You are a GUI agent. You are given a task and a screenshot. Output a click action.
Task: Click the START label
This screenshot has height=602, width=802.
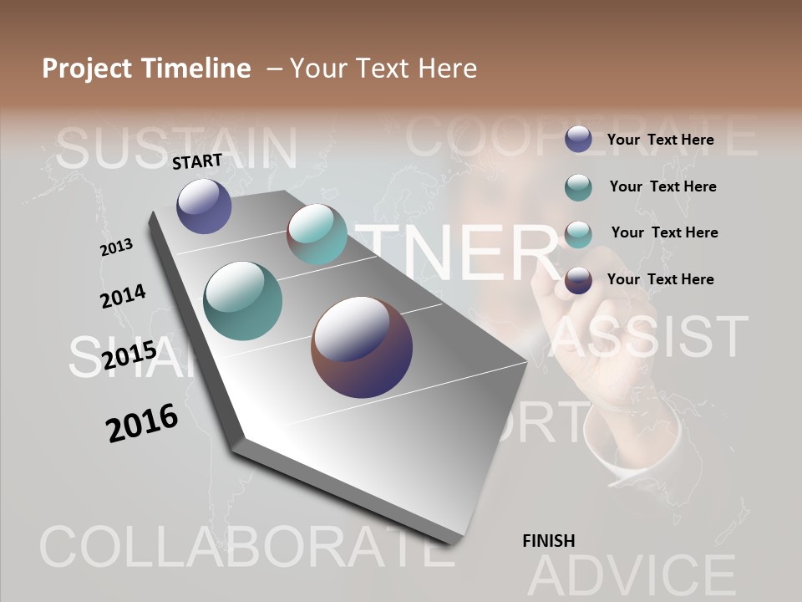[x=197, y=161]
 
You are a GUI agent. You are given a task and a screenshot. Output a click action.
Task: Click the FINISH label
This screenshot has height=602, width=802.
[x=548, y=541]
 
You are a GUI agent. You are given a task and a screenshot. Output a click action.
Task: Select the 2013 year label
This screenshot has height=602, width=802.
[x=117, y=247]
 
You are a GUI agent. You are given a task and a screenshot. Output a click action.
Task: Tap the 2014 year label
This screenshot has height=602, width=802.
[x=123, y=296]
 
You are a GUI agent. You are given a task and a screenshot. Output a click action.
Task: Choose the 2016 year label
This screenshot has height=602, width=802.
[x=142, y=422]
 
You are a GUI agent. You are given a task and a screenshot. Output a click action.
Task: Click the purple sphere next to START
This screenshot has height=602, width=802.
[x=204, y=206]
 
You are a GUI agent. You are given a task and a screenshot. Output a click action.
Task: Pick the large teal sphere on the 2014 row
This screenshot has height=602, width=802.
[x=242, y=301]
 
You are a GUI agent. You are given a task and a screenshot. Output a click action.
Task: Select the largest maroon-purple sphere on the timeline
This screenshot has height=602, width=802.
[x=362, y=347]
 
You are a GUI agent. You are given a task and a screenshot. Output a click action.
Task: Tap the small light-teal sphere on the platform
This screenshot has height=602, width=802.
[x=317, y=234]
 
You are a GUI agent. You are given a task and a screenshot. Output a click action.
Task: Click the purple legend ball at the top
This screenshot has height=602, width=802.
[x=578, y=140]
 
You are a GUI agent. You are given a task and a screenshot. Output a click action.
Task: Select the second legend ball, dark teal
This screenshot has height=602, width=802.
[x=578, y=187]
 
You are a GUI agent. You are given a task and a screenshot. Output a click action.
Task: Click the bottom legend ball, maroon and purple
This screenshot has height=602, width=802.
[x=578, y=280]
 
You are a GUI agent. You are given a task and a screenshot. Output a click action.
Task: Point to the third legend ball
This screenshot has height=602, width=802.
[x=578, y=233]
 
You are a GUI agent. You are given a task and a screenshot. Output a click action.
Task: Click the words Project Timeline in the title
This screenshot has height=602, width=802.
[x=146, y=69]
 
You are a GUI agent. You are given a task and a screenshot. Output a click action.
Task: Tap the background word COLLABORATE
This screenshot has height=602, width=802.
[x=238, y=548]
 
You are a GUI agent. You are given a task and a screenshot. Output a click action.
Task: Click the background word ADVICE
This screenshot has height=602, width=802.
[x=632, y=575]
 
